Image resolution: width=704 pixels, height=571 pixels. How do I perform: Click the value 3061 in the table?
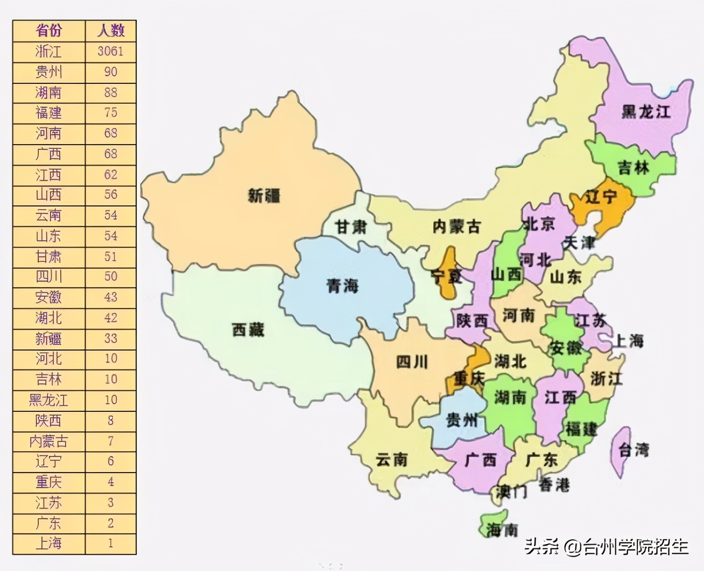110,52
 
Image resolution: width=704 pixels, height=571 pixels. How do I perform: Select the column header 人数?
110,31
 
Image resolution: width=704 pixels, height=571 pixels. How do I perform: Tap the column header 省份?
48,31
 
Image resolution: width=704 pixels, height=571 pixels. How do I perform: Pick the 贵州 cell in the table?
48,72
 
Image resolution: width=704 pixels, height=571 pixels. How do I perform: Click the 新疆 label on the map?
264,196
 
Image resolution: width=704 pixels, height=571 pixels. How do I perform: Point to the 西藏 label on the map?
248,329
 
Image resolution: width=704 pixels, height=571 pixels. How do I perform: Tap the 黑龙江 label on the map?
645,112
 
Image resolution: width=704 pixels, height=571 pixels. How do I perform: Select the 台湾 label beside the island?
633,449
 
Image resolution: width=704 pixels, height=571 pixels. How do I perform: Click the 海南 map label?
502,530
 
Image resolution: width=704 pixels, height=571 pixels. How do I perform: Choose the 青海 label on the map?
342,285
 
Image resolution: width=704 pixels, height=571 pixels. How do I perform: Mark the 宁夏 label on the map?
447,277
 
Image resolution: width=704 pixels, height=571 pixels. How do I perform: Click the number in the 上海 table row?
110,544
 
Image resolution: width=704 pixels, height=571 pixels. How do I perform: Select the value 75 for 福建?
110,113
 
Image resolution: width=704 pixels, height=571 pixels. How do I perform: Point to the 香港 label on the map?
554,485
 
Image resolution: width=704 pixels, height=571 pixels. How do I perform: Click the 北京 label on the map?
539,224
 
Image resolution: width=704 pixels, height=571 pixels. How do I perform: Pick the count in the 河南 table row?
110,133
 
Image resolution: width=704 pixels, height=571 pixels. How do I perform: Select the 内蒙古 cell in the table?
48,441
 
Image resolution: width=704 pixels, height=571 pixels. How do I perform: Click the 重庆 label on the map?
469,379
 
